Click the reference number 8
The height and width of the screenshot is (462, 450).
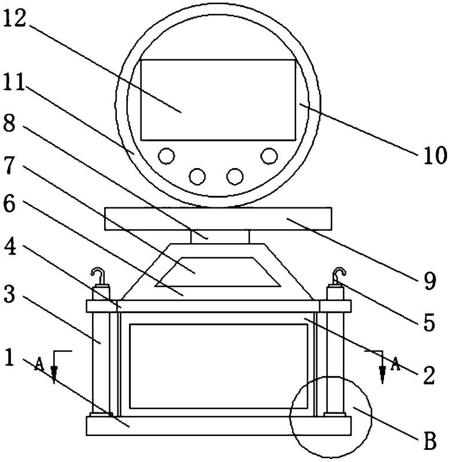coord(9,124)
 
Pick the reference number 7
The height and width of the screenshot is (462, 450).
coord(9,166)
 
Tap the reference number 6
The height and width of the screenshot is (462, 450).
coord(9,204)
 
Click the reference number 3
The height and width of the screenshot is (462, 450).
coord(9,295)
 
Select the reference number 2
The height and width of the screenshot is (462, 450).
coord(429,375)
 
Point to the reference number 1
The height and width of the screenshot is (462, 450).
coord(10,357)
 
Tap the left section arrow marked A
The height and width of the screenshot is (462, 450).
coord(54,367)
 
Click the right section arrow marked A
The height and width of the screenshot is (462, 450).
coord(382,367)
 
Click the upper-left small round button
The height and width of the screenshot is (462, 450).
coord(166,156)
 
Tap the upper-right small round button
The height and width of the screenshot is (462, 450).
coord(269,156)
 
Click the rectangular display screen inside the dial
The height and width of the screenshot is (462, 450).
coord(218,99)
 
